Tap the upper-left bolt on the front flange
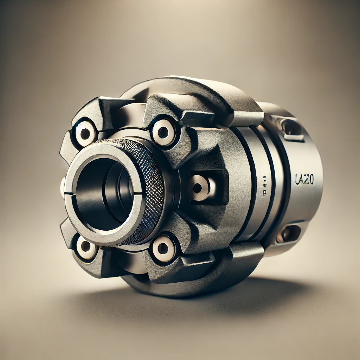click(x=85, y=133)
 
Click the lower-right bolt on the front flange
click(x=163, y=248)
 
